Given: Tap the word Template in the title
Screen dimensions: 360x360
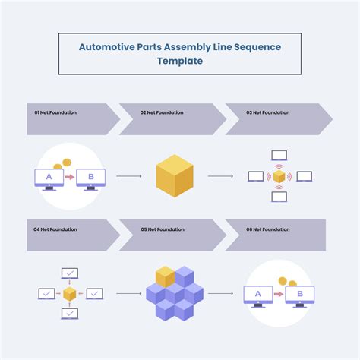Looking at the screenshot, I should (180, 61).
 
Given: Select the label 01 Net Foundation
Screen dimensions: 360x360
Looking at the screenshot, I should (55, 112).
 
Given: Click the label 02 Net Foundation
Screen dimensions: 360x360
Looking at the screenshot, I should (162, 112).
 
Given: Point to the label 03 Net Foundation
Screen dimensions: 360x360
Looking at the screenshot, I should (267, 112).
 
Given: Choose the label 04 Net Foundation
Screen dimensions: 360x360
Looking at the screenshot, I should (55, 229).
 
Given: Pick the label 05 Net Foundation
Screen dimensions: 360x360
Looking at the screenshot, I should (162, 229).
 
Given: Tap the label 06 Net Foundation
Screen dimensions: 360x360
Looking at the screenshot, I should (267, 229).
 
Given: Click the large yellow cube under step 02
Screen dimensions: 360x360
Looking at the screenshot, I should (175, 176).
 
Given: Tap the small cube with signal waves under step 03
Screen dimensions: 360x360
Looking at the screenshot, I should (279, 176).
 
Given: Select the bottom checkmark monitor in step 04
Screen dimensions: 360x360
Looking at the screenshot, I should (70, 313).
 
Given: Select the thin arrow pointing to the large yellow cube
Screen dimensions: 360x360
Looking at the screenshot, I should (129, 176).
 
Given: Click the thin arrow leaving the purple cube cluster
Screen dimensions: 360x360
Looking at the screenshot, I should (220, 293).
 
